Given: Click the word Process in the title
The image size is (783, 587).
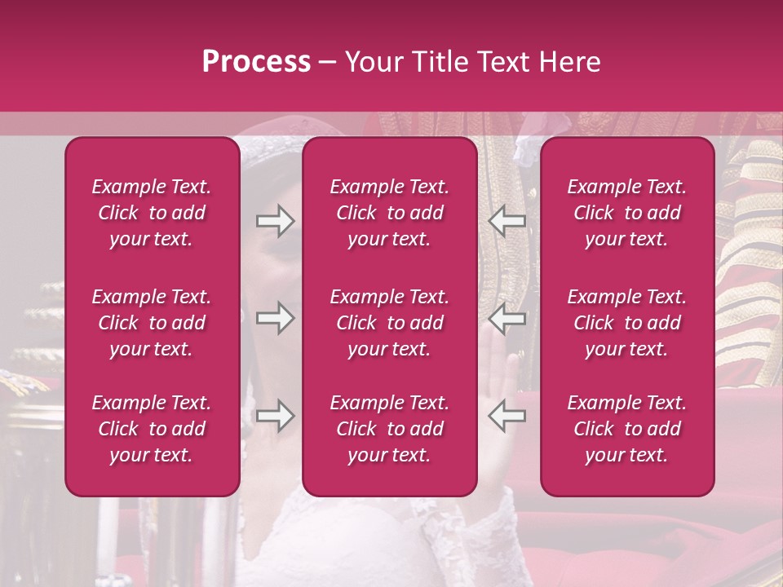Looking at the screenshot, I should tap(256, 62).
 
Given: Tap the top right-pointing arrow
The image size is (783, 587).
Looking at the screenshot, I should tap(275, 221).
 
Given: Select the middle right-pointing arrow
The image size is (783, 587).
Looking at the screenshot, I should tap(275, 318).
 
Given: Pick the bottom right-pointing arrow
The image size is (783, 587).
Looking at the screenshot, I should tap(275, 416).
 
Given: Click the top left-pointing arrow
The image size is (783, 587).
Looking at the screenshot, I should tap(507, 221).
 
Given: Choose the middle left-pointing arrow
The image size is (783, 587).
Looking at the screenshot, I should tap(507, 318).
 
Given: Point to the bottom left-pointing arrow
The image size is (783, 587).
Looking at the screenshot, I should tap(507, 416).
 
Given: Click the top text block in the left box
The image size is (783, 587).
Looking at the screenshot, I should tap(152, 213).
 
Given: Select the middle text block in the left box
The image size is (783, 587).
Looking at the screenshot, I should tap(152, 323).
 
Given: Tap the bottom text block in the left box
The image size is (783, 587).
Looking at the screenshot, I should tap(152, 429).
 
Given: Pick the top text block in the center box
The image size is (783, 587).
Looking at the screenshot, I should tap(390, 213).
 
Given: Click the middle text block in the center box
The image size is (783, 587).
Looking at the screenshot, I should tap(390, 323).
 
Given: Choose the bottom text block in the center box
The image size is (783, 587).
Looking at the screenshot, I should tap(390, 429).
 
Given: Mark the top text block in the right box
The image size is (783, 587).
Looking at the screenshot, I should tap(627, 213).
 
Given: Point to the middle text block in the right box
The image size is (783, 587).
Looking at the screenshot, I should tap(627, 323).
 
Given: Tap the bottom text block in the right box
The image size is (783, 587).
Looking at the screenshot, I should tap(627, 429).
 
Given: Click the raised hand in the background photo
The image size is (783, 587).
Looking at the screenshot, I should tap(499, 375).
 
